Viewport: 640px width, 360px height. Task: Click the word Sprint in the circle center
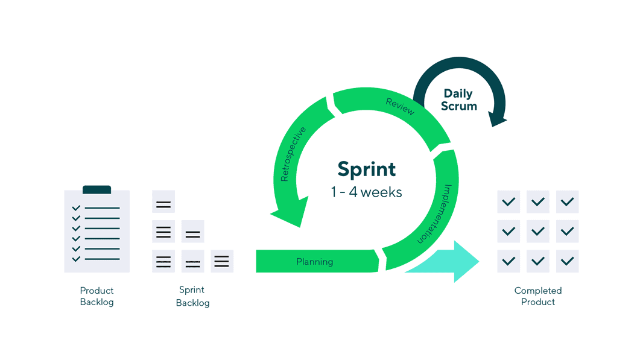366,169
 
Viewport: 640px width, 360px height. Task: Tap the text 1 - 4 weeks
366,192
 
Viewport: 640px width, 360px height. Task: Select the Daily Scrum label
458,100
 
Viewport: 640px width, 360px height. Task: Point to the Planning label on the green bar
314,262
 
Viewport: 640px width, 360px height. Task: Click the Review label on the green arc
399,107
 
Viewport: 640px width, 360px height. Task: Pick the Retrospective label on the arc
293,154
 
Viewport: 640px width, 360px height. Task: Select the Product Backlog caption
97,296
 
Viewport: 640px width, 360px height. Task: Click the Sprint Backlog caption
192,297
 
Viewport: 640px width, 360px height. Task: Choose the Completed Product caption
537,296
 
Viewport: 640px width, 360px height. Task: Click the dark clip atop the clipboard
97,189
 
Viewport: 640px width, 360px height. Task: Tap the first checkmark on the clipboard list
76,209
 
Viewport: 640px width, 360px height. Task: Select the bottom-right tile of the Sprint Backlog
221,261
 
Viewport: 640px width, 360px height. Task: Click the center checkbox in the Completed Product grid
537,231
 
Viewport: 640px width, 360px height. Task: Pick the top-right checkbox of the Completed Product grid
567,201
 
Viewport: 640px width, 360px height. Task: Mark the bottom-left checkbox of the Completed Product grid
509,261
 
